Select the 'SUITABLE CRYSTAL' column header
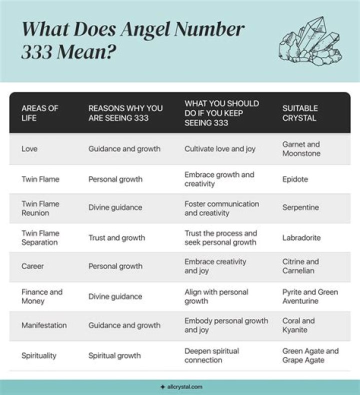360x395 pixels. click(x=300, y=112)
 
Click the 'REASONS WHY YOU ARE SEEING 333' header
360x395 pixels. click(x=125, y=112)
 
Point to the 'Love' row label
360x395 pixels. click(x=29, y=148)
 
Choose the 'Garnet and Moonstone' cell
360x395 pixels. click(x=301, y=148)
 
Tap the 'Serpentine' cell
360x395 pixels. click(x=300, y=207)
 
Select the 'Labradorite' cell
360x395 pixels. click(x=301, y=237)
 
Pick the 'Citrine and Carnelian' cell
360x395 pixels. click(x=300, y=266)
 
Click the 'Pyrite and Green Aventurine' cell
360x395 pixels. click(x=310, y=296)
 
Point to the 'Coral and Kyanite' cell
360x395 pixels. click(x=298, y=325)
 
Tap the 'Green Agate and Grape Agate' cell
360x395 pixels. click(x=310, y=355)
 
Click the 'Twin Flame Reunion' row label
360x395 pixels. click(x=40, y=208)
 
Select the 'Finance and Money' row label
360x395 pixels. click(x=41, y=296)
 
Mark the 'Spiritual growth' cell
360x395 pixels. click(x=114, y=355)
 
